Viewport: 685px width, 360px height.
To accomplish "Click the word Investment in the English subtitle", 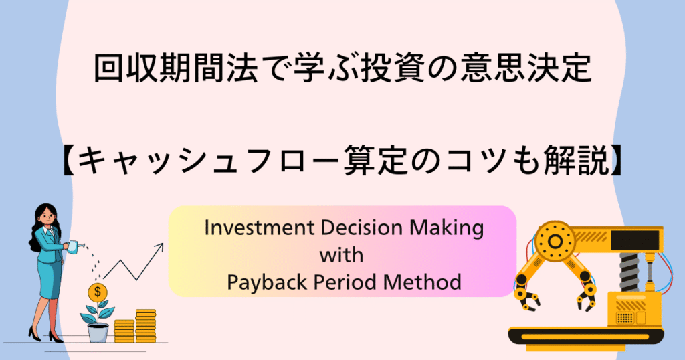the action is (x=259, y=228).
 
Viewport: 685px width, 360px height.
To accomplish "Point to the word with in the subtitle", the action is (x=341, y=255).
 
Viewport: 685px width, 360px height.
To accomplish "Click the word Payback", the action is (x=267, y=283).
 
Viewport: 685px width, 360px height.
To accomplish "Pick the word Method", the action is (x=422, y=282).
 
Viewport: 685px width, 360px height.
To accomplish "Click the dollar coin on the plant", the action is (x=98, y=292).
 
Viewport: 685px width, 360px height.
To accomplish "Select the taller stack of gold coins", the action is (x=145, y=326).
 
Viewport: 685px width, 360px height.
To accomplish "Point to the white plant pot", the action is (x=98, y=333).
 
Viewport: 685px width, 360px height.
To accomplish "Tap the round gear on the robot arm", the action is (x=555, y=241).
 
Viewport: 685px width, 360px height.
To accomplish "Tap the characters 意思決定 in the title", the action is (x=526, y=69).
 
